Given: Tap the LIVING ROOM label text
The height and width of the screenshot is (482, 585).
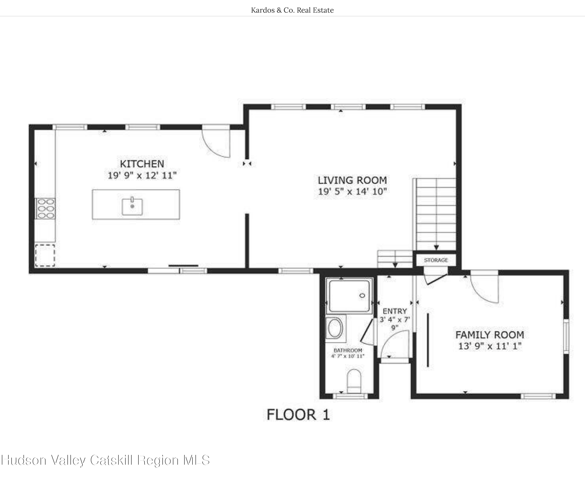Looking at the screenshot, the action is point(352,180).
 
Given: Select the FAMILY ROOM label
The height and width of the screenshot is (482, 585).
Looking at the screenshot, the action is point(490,335).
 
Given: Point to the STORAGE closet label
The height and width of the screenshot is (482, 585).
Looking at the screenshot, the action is point(436,260).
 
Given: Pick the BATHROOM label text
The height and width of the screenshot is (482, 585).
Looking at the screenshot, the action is point(348,350).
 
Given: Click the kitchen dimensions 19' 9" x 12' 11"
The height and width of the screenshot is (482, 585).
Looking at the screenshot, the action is point(142,175).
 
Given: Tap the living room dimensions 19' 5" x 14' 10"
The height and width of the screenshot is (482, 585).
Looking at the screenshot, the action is point(352,192).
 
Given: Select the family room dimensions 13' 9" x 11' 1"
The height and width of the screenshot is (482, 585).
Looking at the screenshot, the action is point(490,346).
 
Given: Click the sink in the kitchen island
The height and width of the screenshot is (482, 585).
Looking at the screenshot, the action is point(132,207).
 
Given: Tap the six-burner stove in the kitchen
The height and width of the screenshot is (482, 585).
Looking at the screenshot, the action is point(45,209).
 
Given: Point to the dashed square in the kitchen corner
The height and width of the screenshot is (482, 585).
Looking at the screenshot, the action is point(45,256).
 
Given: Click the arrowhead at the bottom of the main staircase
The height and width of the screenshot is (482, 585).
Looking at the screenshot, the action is point(436,247).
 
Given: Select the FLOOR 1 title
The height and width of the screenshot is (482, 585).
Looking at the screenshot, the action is point(298,415).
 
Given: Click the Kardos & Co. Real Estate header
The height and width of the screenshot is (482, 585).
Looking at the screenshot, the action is point(292,10).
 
